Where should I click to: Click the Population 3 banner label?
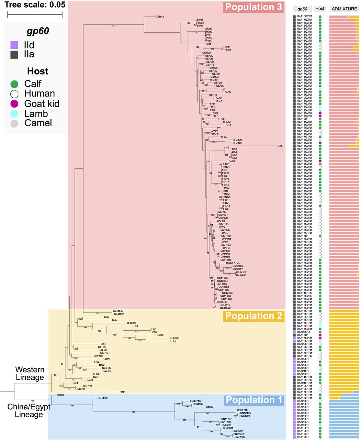click(254, 7)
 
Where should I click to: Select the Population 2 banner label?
click(254, 316)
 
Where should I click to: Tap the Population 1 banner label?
click(254, 400)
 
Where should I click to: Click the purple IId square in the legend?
click(14, 45)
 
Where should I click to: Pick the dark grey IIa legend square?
click(14, 54)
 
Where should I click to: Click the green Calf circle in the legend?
click(14, 84)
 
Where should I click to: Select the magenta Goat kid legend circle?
click(14, 104)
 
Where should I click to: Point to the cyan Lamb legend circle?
click(14, 114)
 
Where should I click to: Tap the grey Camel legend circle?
click(14, 123)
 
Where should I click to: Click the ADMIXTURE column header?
click(344, 9)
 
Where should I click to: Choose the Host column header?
click(320, 9)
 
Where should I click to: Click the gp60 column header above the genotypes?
click(302, 9)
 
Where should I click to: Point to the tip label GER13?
click(160, 16)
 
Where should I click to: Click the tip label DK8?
click(280, 146)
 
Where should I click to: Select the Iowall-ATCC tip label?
click(233, 263)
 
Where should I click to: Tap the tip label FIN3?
click(122, 392)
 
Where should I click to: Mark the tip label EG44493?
click(103, 398)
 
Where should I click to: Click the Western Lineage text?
click(30, 374)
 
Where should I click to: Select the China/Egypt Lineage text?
click(29, 411)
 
